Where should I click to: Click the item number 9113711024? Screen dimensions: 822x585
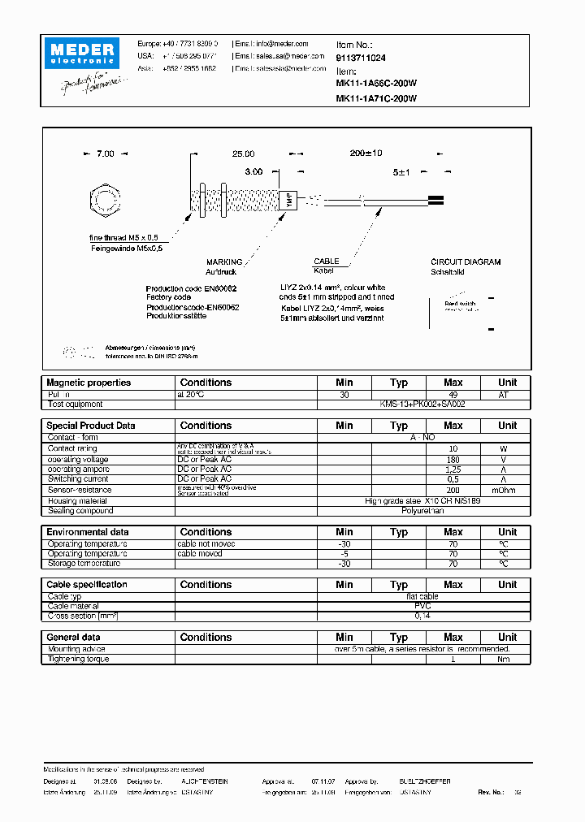pos(361,58)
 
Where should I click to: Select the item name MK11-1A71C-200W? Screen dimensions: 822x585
pos(376,98)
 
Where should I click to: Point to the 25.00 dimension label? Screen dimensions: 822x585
pos(243,154)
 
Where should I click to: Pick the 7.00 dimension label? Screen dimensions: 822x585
pos(106,154)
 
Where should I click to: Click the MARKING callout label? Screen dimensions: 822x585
pos(224,262)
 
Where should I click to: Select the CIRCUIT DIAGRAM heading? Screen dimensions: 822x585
pos(466,262)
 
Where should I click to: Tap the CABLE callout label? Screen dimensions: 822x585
pos(326,262)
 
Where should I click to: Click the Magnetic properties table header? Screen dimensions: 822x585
pos(89,383)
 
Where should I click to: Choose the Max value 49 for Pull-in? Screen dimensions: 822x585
pos(453,394)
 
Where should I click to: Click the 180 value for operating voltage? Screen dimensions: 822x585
pos(453,459)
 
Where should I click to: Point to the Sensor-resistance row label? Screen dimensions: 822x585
pos(79,490)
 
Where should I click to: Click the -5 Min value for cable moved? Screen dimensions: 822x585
pos(344,553)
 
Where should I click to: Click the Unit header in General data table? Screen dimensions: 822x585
pos(507,638)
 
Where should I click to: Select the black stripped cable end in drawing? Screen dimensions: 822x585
pos(435,200)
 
